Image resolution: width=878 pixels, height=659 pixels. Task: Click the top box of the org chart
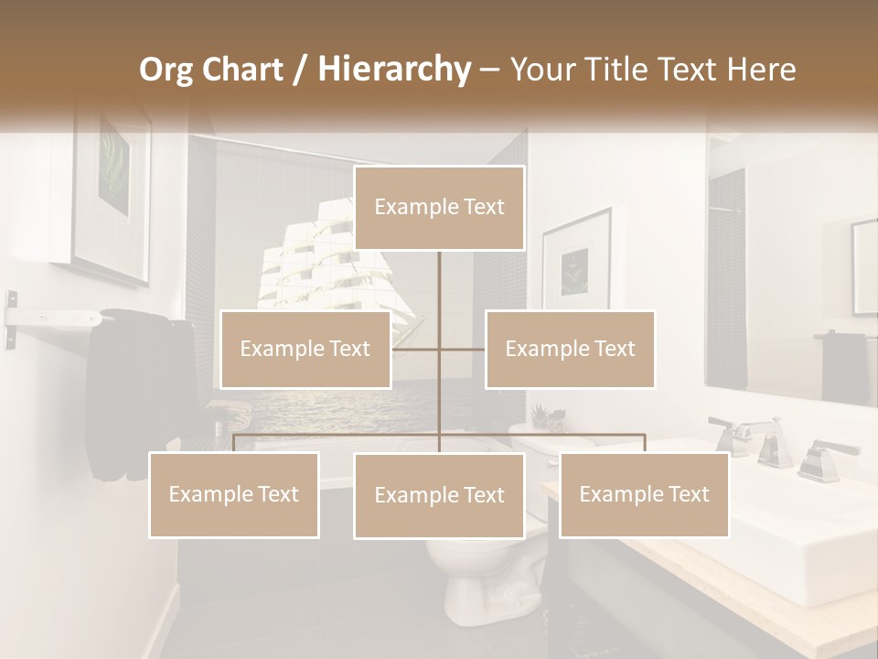coord(439,208)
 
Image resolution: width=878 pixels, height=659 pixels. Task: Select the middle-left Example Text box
coord(305,349)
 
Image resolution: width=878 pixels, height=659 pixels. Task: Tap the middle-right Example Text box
coord(570,349)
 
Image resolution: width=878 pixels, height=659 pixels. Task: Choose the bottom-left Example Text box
coord(234,494)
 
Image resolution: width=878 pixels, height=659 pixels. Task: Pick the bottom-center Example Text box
coord(439,495)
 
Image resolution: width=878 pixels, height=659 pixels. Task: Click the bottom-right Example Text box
coord(644,494)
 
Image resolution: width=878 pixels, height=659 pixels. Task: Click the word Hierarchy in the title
coord(394,69)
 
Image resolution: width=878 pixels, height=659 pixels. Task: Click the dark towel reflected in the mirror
coord(843,366)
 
